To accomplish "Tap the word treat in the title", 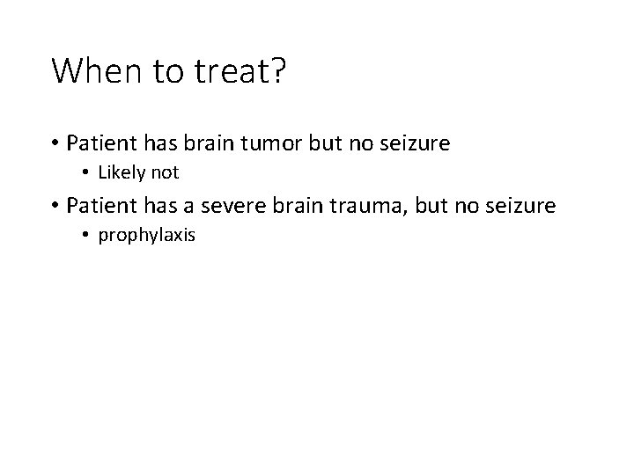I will (222, 70).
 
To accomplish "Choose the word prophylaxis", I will (146, 236).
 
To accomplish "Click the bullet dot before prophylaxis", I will (86, 236).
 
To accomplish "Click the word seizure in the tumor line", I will (415, 142).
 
